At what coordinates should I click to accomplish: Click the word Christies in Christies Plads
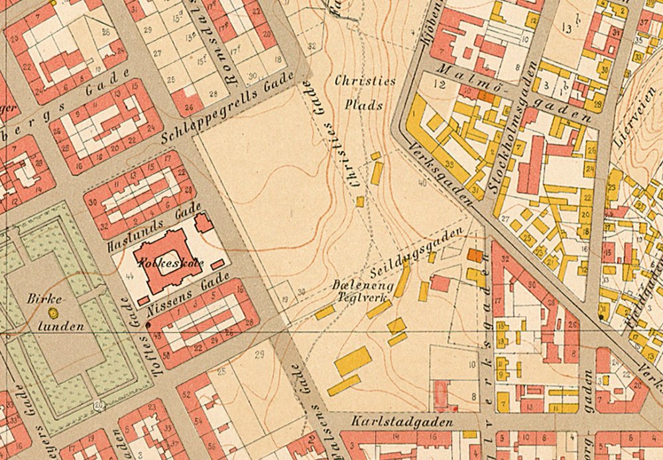click(365, 81)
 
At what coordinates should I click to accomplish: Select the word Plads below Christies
click(364, 104)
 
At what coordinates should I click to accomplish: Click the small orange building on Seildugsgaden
click(475, 255)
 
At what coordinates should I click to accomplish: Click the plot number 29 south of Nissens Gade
click(259, 352)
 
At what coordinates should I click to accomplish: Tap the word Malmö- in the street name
click(464, 78)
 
